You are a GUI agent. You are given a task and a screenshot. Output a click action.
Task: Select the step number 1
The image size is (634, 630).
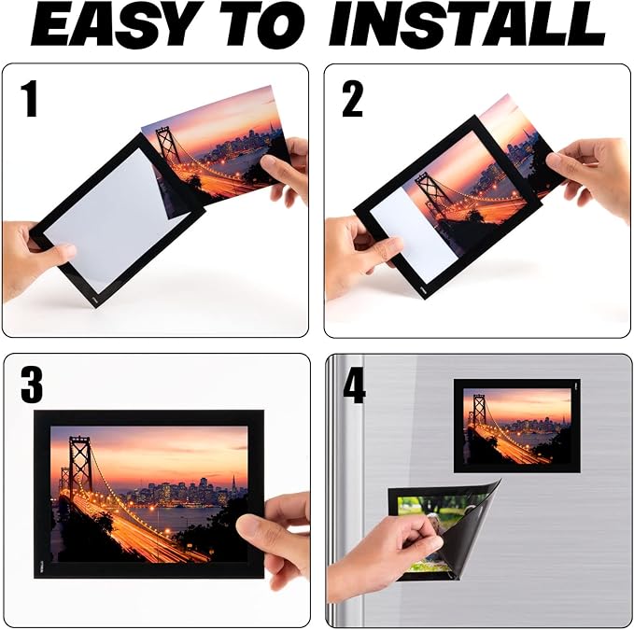click(x=31, y=98)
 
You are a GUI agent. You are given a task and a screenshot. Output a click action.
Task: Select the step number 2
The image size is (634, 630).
click(x=352, y=98)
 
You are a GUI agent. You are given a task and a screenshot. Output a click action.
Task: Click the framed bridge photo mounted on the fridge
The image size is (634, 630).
click(x=516, y=425)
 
